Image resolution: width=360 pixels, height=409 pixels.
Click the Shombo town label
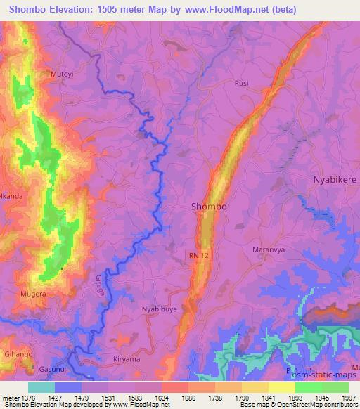click(x=210, y=207)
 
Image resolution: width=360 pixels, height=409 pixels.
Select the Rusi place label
click(x=242, y=82)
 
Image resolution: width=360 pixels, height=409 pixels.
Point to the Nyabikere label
click(x=334, y=181)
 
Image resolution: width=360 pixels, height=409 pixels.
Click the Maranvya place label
click(x=267, y=249)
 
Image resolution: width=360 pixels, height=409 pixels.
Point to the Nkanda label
click(x=11, y=196)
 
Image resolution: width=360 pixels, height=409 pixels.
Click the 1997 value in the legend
click(x=348, y=397)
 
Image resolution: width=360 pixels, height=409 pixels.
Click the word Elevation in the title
click(x=82, y=10)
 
